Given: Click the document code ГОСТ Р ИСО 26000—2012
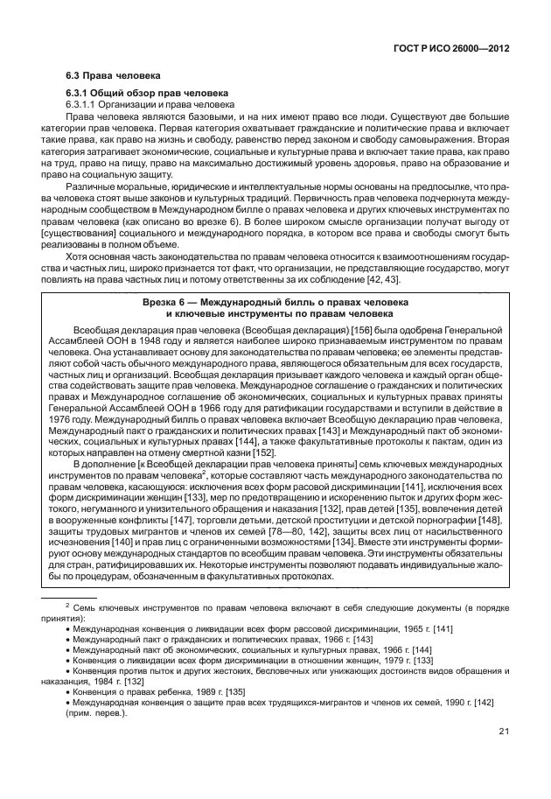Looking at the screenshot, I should click(x=454, y=50).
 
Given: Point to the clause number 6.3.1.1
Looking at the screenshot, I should click(x=84, y=104).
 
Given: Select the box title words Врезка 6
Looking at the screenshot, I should click(x=166, y=301).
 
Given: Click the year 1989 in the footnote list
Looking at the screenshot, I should click(x=198, y=690).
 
